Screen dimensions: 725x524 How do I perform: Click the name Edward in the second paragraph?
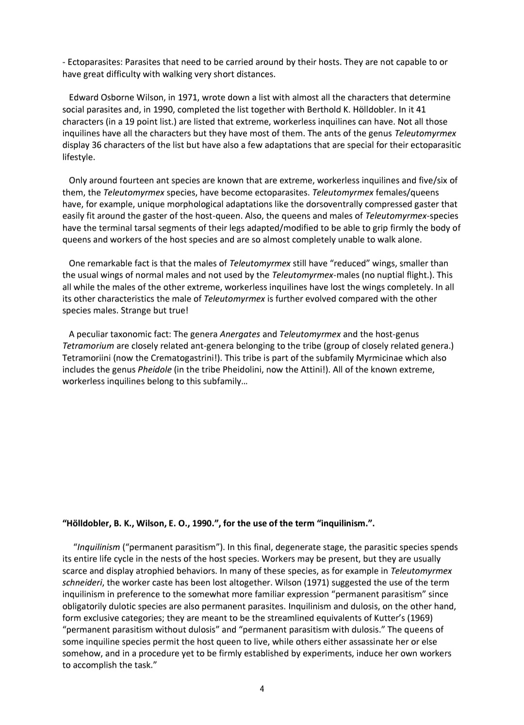point(84,98)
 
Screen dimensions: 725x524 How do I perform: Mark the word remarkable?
point(111,264)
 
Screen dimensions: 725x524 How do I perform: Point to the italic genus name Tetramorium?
point(88,346)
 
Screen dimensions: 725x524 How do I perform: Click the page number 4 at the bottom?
point(262,689)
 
